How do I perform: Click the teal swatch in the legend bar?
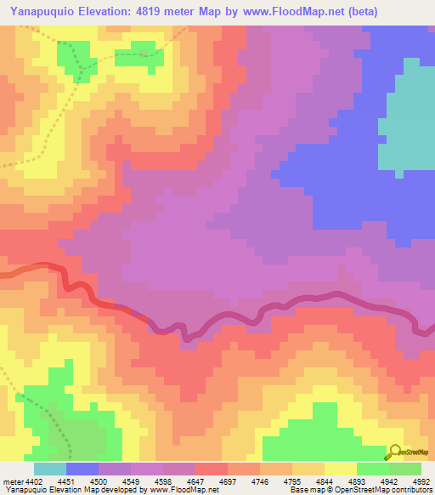point(50,469)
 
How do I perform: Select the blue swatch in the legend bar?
point(82,469)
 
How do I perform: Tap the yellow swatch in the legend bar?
point(340,469)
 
